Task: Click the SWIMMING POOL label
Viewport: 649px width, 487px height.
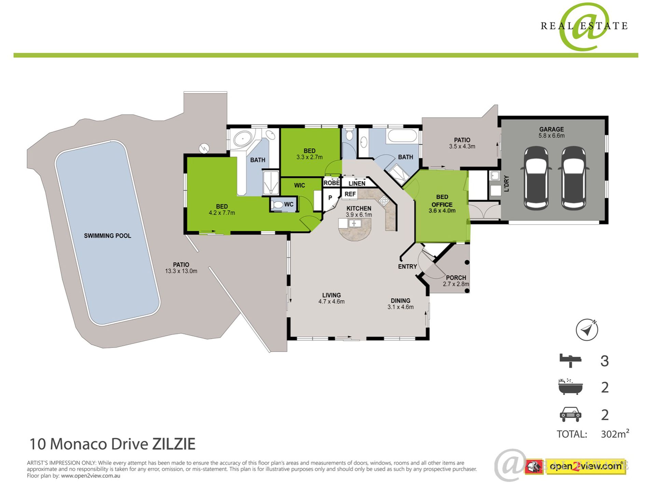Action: pos(108,236)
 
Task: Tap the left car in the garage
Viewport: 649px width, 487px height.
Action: pos(536,178)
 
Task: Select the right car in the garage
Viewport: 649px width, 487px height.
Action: pos(574,178)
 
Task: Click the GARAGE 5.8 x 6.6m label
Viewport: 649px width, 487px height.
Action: pos(551,132)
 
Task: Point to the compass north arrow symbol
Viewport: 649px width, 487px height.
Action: pos(587,330)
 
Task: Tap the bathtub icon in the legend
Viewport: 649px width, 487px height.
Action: pos(570,387)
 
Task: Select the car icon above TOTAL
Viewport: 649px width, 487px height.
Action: pos(570,415)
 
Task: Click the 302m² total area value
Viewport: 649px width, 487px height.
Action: pos(615,434)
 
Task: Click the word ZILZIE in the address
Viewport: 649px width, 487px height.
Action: pos(174,444)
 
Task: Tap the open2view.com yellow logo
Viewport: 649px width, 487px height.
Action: pos(585,466)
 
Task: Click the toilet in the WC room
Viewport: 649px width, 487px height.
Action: pos(277,205)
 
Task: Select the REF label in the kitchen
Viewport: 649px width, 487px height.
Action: pos(350,194)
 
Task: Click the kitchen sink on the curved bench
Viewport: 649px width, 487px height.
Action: pos(355,224)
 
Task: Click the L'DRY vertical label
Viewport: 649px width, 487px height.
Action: pos(507,184)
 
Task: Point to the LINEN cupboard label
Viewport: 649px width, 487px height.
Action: pos(357,184)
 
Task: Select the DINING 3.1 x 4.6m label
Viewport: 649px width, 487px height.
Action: pos(400,304)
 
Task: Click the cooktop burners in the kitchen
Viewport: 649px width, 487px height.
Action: pos(384,201)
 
